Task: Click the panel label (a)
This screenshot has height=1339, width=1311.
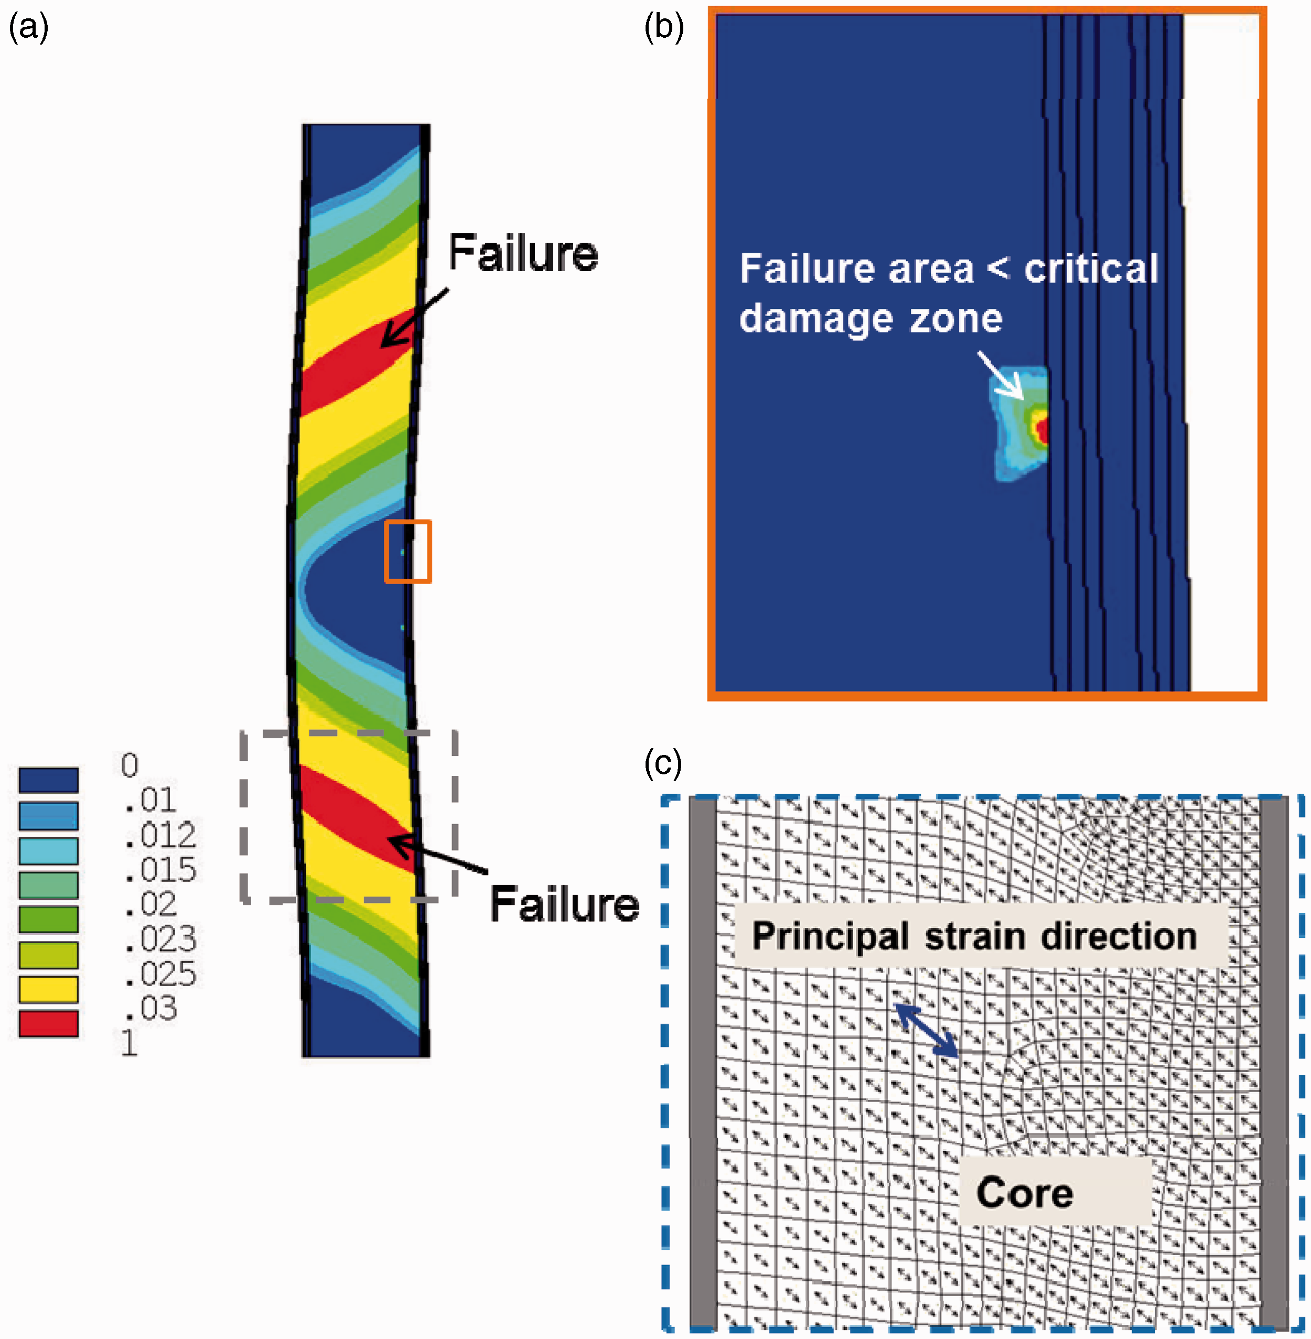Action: (x=28, y=28)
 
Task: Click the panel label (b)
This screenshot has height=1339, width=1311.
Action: (x=664, y=28)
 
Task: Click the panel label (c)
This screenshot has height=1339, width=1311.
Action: (x=663, y=763)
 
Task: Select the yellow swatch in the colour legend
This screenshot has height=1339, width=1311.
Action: (x=48, y=989)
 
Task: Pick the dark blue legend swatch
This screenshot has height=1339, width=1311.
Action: (x=48, y=780)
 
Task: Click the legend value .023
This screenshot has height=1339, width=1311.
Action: (x=160, y=939)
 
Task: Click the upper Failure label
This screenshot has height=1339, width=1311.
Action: (x=523, y=253)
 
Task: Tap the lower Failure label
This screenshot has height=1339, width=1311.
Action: (x=565, y=904)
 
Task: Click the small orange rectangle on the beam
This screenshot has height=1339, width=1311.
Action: (x=407, y=552)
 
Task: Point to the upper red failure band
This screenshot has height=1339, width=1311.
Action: (x=358, y=361)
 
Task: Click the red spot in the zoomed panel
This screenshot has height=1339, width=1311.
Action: (x=1043, y=430)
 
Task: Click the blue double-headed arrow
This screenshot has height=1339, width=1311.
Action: (x=926, y=1031)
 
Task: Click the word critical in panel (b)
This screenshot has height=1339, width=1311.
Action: (x=1091, y=268)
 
